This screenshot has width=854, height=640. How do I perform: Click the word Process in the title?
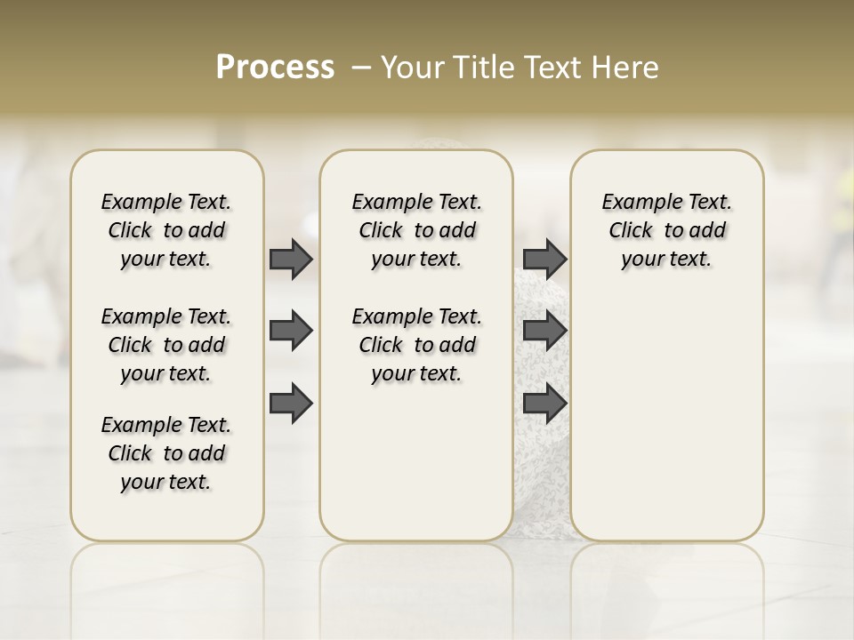click(x=275, y=68)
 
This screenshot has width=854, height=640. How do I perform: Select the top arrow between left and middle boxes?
click(x=291, y=259)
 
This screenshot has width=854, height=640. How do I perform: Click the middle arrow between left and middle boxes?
click(x=291, y=331)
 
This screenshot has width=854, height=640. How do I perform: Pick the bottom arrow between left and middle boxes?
click(x=291, y=403)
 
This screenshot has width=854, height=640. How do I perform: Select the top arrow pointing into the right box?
click(x=544, y=259)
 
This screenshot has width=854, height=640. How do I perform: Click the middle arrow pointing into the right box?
click(x=544, y=331)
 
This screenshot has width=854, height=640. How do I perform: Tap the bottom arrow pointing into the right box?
click(x=544, y=403)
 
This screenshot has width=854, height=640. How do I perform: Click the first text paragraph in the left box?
click(x=166, y=230)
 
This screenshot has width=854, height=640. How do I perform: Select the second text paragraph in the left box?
click(x=166, y=345)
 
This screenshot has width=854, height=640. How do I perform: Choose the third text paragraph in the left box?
click(x=166, y=453)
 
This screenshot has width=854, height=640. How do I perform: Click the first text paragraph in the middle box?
click(x=416, y=230)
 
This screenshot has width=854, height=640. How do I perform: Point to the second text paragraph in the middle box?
click(x=416, y=345)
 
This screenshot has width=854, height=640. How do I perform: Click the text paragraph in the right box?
click(x=666, y=230)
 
